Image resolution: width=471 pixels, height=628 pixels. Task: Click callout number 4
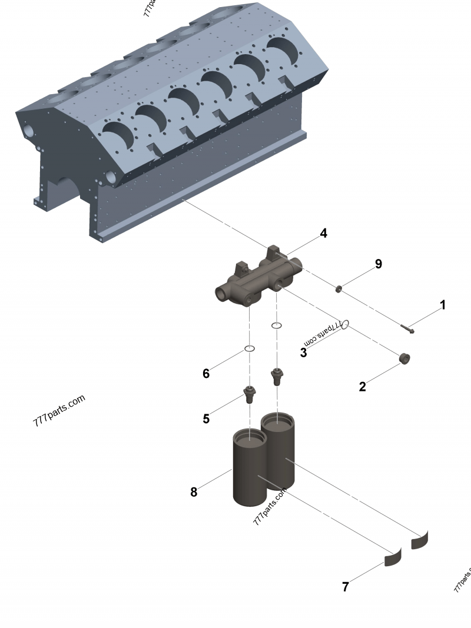point(323,234)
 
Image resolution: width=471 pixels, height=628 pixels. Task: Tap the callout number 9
point(378,264)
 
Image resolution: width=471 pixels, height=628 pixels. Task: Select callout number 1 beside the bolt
point(443,305)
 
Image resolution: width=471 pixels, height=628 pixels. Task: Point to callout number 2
point(363,387)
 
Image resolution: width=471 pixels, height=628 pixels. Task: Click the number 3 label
point(303,353)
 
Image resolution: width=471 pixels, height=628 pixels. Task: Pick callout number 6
point(206,374)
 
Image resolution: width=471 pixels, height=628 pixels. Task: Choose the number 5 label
point(206,418)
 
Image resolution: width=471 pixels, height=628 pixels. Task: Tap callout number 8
point(194,492)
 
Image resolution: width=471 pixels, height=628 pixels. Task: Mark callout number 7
point(346,587)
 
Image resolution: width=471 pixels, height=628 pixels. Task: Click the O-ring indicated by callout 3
point(346,324)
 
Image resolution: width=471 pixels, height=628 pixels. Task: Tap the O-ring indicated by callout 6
point(250,349)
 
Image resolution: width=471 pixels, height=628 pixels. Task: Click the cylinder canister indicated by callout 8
point(250,471)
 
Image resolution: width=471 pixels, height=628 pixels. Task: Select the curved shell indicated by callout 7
point(392,558)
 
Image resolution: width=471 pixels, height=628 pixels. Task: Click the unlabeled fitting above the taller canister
point(276,375)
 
